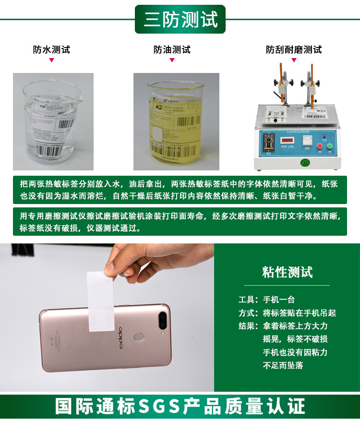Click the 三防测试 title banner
tap(180, 19)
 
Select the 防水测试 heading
tap(51, 49)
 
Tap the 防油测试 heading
tap(172, 49)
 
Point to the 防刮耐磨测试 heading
tap(294, 49)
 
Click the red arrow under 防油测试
tap(172, 60)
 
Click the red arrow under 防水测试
tap(51, 60)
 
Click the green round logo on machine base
tap(304, 162)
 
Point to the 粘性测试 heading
tap(288, 272)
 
